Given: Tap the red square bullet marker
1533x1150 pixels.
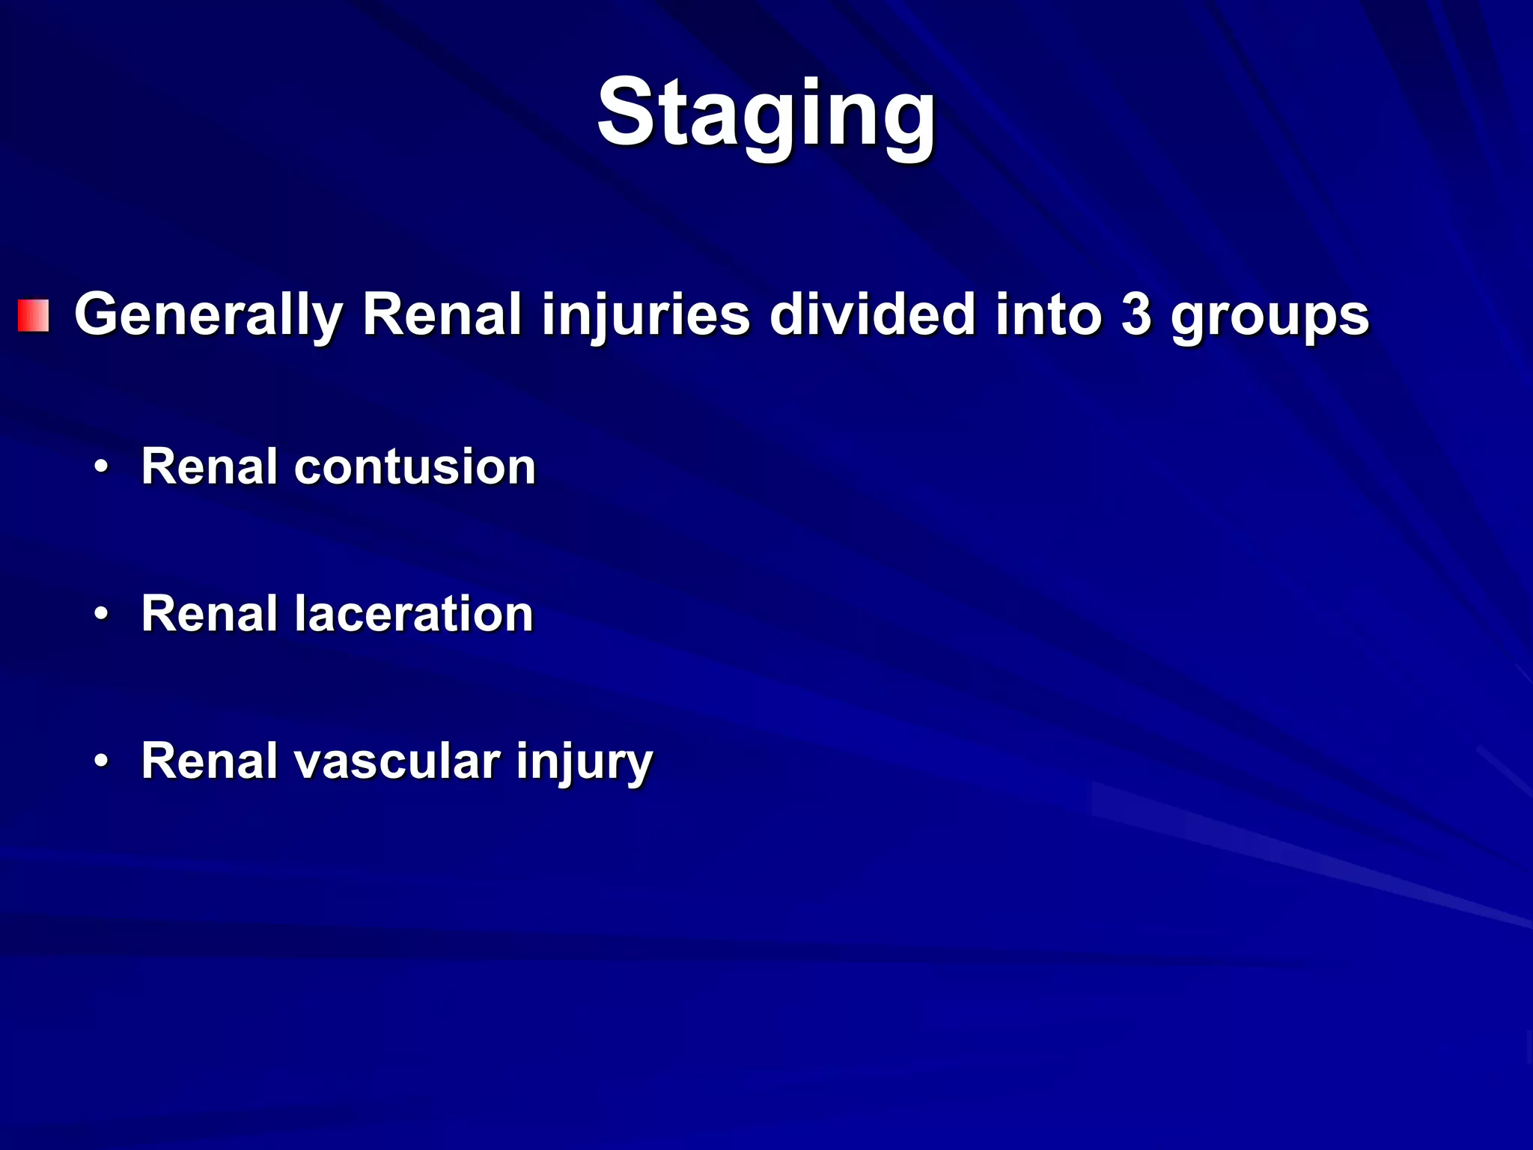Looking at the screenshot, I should pos(34,315).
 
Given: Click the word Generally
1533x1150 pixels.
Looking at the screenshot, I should pos(209,314).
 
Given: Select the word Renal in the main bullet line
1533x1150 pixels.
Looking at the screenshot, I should pos(442,314).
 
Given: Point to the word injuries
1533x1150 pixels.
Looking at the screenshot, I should pos(645,314).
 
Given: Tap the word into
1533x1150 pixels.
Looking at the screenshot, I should pos(1048,314).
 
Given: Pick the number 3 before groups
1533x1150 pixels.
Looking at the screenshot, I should pos(1136,314).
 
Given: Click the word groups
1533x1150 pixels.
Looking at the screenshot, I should pos(1270,318).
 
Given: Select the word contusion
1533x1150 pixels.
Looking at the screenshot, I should pos(415,466).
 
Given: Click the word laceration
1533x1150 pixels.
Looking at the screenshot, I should pos(413,614).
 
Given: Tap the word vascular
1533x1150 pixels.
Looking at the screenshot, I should pos(397,761).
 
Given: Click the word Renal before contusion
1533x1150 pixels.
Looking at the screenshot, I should pos(210,466).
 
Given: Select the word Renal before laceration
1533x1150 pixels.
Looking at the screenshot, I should pos(210,614).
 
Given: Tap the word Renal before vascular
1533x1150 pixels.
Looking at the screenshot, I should pos(210,761).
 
